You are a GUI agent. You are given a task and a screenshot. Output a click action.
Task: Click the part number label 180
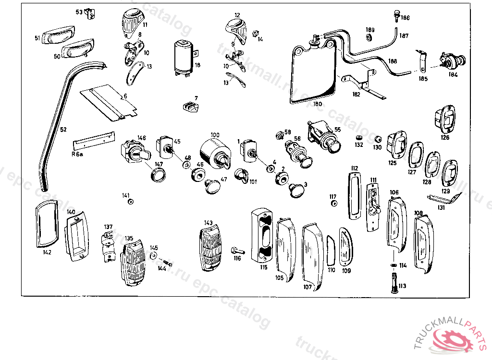click(x=317, y=104)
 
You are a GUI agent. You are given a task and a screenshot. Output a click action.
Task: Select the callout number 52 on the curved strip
click(x=63, y=129)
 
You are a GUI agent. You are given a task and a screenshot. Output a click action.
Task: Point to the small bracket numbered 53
click(x=89, y=14)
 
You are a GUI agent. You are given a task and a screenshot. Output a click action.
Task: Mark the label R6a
click(x=77, y=154)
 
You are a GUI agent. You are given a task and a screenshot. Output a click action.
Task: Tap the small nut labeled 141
click(x=130, y=201)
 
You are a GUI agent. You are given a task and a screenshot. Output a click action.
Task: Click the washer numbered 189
click(x=369, y=37)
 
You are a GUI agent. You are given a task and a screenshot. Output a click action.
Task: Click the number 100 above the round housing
click(x=214, y=135)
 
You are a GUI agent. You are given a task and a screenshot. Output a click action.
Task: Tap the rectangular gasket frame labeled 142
click(x=46, y=224)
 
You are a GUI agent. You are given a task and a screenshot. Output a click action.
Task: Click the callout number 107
click(x=307, y=287)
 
